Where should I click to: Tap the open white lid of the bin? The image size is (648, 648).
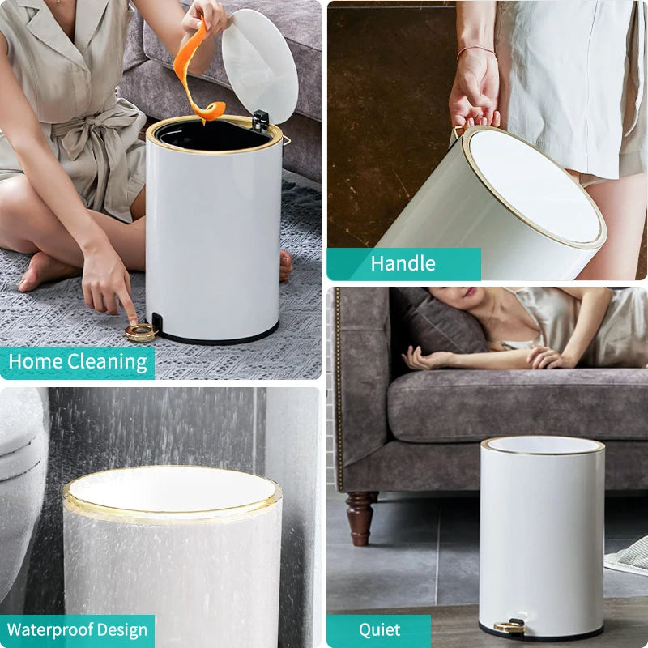(x=260, y=66)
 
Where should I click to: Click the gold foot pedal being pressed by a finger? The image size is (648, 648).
(x=140, y=332)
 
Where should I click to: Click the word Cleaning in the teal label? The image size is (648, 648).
(x=107, y=361)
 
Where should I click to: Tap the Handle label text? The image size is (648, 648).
(x=403, y=263)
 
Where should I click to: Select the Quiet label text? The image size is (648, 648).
(x=379, y=630)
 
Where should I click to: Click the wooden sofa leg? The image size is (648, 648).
(x=360, y=518)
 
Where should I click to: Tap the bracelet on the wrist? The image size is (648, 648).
(x=475, y=50)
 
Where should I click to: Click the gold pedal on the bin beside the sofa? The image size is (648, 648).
(x=509, y=626)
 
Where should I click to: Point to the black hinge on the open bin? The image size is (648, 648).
(x=260, y=121)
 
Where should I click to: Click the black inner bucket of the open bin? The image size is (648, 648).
(x=211, y=135)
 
